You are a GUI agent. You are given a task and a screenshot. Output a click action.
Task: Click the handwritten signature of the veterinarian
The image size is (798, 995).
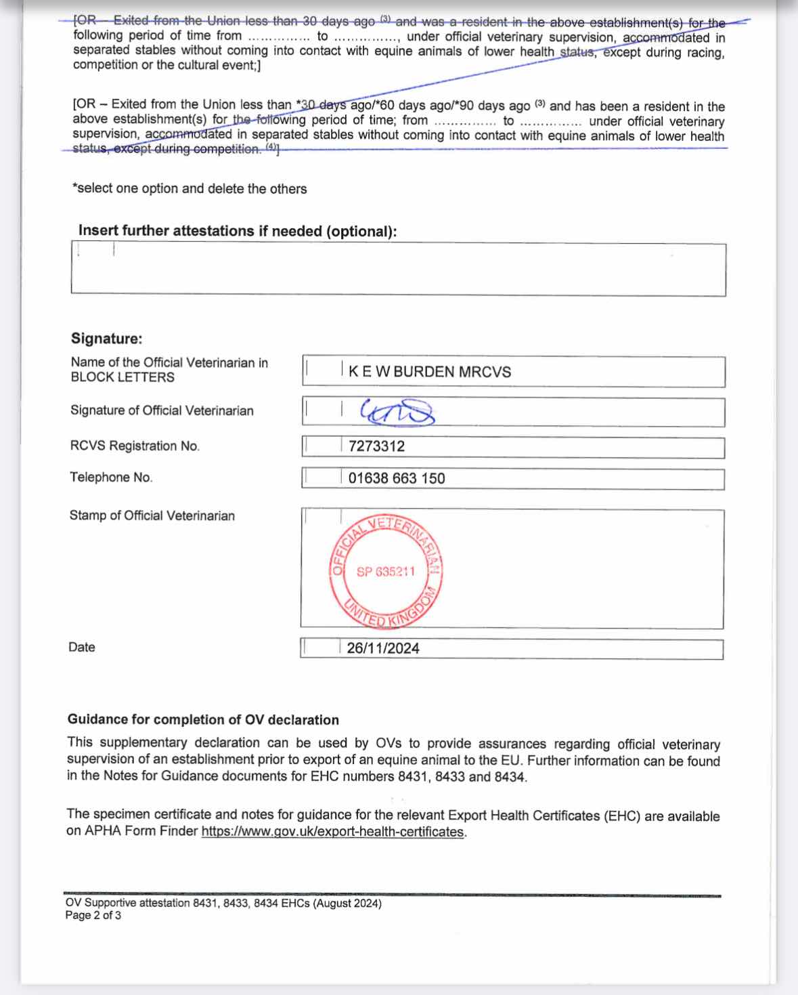[x=397, y=411]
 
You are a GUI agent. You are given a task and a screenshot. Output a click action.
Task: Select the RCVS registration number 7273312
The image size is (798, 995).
[x=376, y=446]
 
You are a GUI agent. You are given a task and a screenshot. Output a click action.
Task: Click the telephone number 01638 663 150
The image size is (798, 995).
[x=397, y=478]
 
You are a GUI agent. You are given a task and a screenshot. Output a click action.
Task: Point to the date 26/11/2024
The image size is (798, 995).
[x=383, y=648]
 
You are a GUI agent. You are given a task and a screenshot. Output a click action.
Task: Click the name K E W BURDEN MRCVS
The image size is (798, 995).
[x=430, y=372]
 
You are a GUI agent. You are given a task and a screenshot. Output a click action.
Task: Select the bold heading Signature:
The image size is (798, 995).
[x=107, y=339]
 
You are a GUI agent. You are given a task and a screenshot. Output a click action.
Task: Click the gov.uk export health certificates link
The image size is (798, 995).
[x=333, y=832]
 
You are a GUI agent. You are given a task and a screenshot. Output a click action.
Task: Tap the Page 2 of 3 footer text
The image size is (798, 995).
[x=93, y=916]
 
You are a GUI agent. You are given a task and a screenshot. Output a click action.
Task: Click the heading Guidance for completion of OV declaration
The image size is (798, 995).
[x=203, y=719]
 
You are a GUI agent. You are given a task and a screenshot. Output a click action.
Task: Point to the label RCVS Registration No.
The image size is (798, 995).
[x=135, y=446]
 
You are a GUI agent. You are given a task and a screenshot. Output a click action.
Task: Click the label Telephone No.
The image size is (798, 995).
[x=111, y=478]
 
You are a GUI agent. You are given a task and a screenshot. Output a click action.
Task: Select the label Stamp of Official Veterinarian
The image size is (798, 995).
[x=152, y=515]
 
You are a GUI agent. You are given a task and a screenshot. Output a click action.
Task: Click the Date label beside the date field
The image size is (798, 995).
[x=82, y=647]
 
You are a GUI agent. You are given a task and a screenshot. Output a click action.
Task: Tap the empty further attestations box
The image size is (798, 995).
[x=398, y=270]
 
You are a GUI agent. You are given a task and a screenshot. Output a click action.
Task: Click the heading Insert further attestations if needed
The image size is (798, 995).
[x=238, y=231]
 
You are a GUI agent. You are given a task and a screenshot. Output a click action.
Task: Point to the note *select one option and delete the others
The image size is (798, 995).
[x=190, y=189]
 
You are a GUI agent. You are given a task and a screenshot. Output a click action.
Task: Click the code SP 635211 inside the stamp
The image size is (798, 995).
[x=385, y=572]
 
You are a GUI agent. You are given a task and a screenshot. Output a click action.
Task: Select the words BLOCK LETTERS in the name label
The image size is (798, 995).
[x=123, y=377]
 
